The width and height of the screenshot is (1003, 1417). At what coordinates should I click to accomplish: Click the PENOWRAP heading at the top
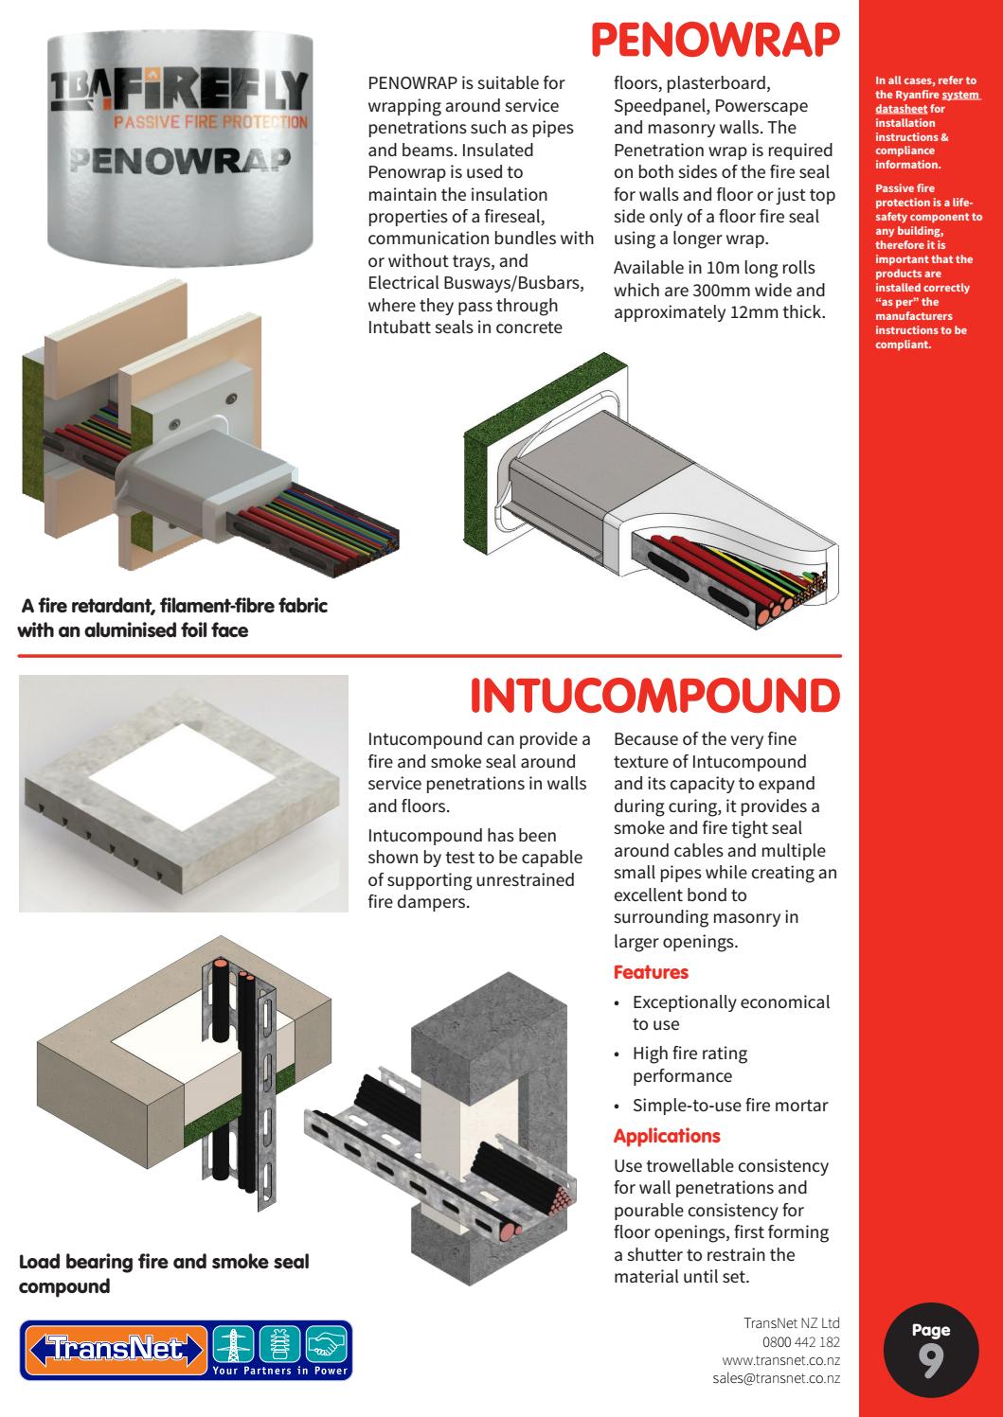coord(714,41)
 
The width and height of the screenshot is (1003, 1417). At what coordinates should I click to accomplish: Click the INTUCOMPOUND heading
coord(654,697)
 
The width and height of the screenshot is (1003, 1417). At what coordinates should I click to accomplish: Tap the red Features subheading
coord(651,972)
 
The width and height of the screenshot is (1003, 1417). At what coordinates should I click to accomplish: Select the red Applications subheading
coord(667,1136)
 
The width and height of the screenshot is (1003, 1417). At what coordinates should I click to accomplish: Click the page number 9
coord(930,1361)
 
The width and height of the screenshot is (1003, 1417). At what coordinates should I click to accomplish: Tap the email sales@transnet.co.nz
coord(776,1379)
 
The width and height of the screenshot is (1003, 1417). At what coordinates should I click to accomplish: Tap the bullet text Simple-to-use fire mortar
coord(729,1106)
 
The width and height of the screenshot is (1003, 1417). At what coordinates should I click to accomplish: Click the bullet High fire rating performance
coord(690,1065)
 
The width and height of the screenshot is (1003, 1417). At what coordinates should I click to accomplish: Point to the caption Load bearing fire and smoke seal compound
coord(164,1274)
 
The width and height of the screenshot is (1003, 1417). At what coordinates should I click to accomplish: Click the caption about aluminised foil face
coord(173,617)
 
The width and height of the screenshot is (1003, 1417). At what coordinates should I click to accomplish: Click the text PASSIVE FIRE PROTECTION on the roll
coord(209,122)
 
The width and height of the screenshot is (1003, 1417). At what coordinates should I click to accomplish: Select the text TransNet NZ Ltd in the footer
coord(792,1323)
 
